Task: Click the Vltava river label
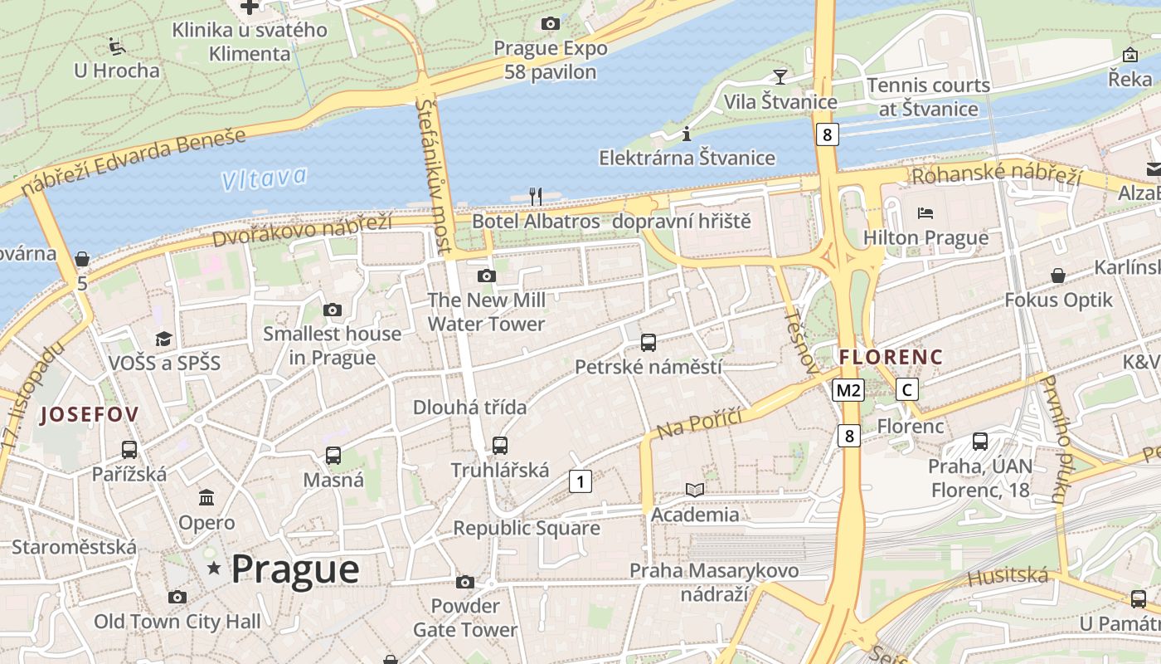265,178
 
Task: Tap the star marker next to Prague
215,569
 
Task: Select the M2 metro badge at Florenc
849,390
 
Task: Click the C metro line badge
908,389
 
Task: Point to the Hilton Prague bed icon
925,214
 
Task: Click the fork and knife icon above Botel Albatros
536,197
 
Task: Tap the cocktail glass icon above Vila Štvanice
780,77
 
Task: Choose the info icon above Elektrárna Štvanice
687,134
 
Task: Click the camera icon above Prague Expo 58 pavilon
550,24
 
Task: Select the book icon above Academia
695,491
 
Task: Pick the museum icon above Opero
206,498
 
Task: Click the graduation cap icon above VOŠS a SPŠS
164,339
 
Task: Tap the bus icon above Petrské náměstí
649,342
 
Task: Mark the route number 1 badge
580,481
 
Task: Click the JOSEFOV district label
90,414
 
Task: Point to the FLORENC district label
891,357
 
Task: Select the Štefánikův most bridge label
435,175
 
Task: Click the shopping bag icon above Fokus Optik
1058,276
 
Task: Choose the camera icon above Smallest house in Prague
332,310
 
